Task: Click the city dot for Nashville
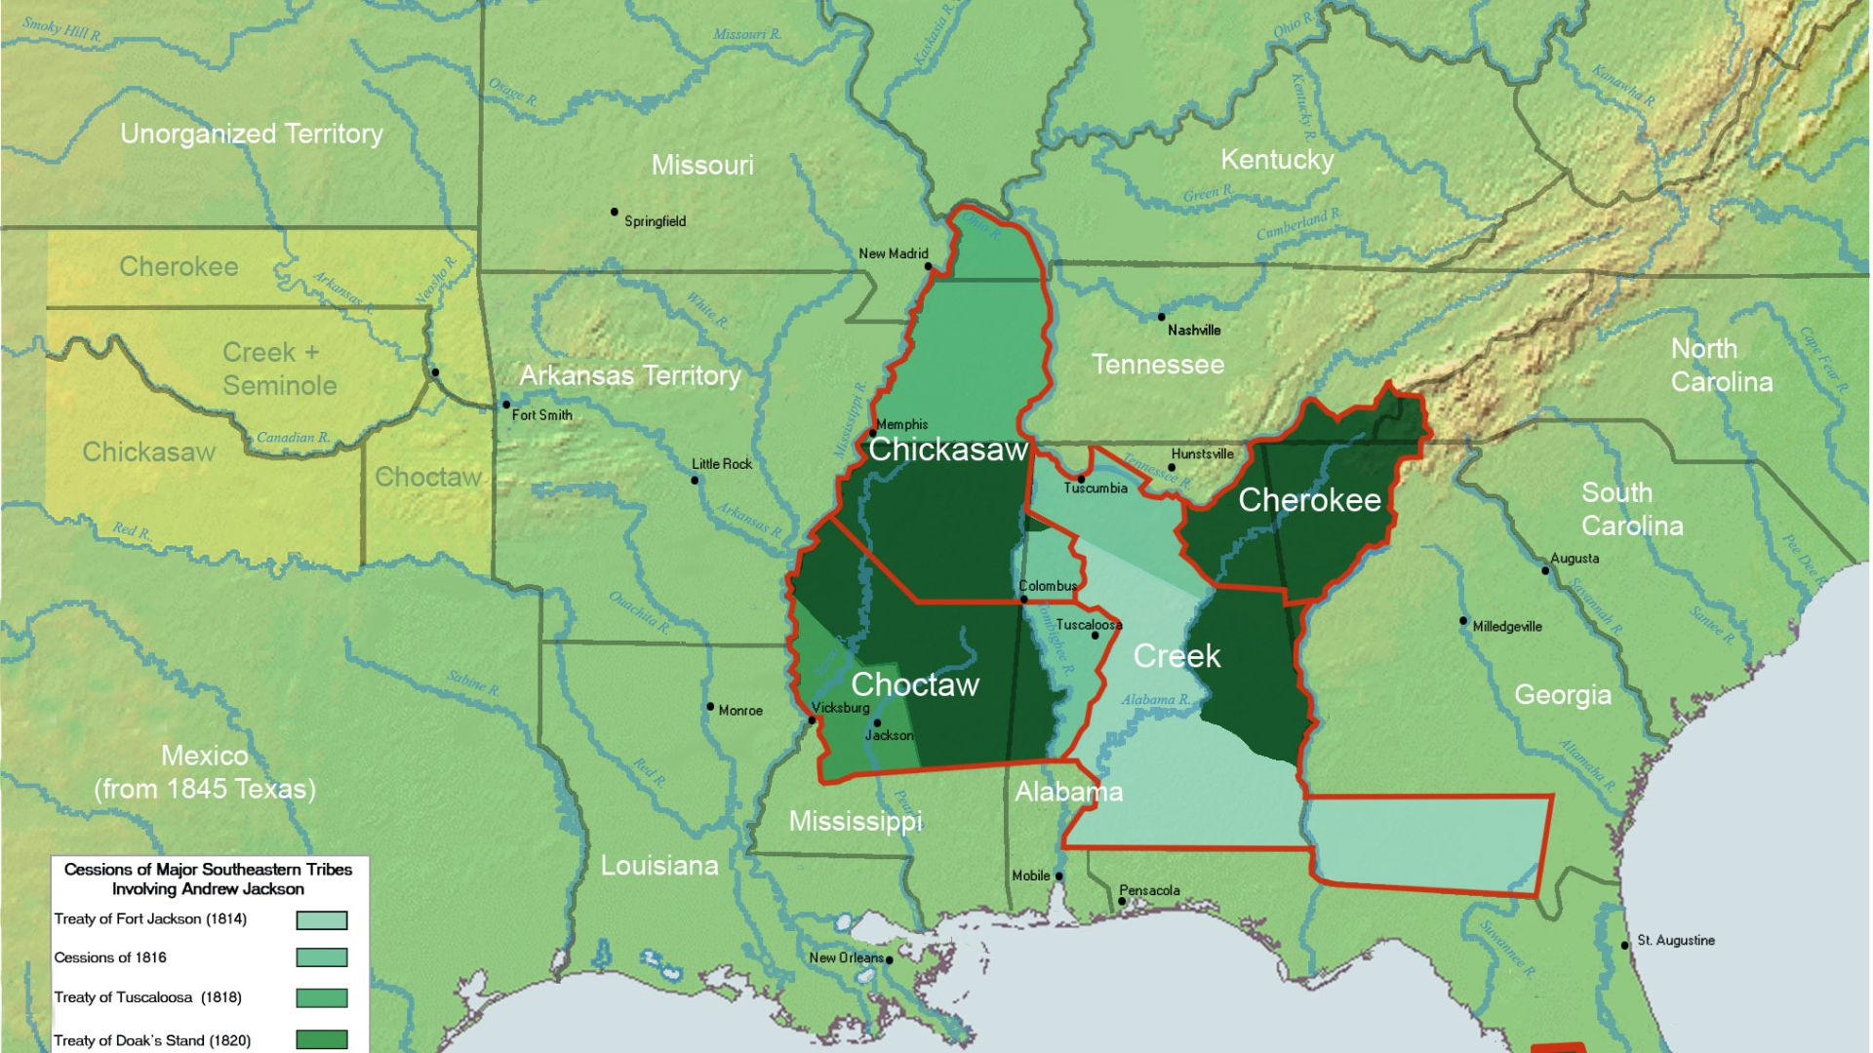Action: click(1161, 317)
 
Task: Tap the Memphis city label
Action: click(902, 424)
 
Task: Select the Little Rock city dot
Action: click(695, 480)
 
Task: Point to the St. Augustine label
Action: click(1675, 940)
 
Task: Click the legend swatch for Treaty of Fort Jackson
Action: click(322, 920)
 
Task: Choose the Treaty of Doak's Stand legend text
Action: click(152, 1040)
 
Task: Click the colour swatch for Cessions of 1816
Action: click(322, 957)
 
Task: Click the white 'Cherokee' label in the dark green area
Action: click(1309, 500)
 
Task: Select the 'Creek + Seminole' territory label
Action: click(279, 369)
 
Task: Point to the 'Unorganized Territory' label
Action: click(252, 134)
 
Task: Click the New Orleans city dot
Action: click(889, 960)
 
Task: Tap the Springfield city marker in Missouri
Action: click(615, 212)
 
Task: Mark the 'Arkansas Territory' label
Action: click(630, 375)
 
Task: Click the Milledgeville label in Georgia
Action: click(1507, 626)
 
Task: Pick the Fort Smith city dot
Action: click(506, 405)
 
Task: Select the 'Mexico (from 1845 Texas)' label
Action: click(205, 771)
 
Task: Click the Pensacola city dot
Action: click(1122, 902)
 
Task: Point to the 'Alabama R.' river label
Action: click(1155, 699)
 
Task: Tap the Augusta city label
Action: click(1574, 558)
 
